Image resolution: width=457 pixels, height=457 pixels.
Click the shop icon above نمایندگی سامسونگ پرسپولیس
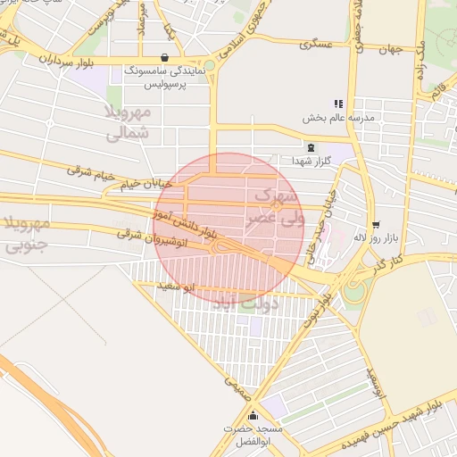(164, 57)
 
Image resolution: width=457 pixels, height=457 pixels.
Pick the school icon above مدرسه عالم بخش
(338, 104)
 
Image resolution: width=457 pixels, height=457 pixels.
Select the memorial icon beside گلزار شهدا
(311, 148)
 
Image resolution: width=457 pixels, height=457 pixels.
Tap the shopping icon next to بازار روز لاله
(377, 225)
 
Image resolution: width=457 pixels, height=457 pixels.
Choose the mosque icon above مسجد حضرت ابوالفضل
(253, 415)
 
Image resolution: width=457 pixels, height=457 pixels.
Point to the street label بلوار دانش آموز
(186, 223)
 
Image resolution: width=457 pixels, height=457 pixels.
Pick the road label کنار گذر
(385, 263)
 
